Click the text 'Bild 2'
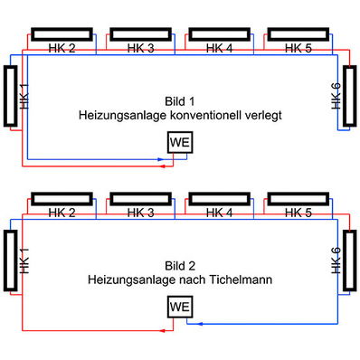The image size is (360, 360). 179,266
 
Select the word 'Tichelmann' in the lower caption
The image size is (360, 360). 241,279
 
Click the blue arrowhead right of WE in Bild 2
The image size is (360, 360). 195,322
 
